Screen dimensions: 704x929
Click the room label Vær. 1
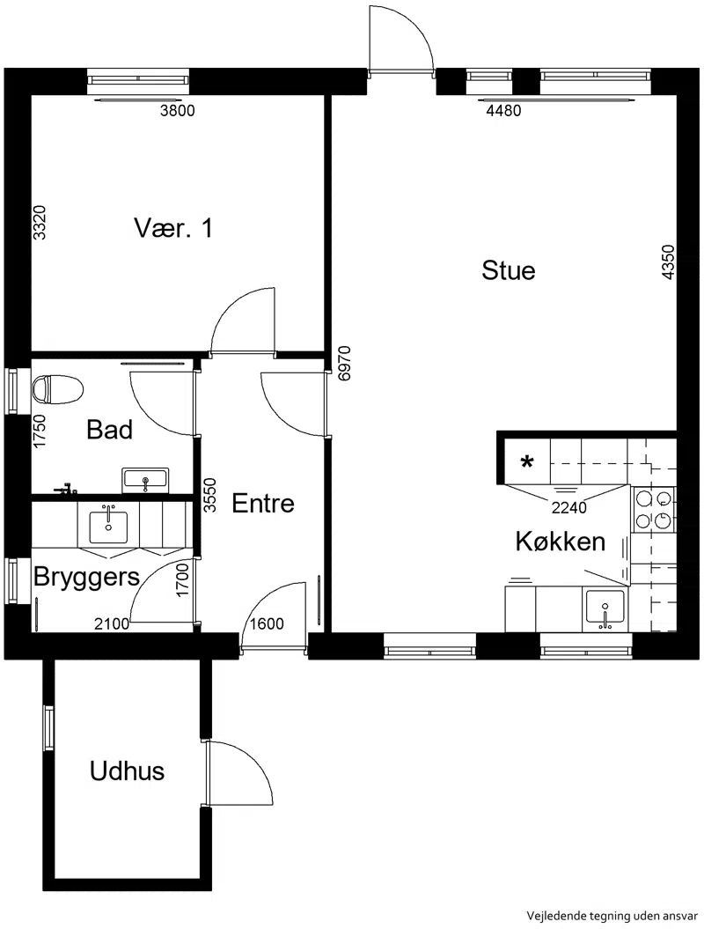(172, 228)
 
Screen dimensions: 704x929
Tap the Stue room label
(508, 270)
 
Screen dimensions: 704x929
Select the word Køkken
(561, 541)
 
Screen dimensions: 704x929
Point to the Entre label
(263, 503)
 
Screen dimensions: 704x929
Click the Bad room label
(109, 430)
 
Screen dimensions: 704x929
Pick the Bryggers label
(86, 577)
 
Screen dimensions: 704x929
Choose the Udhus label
(127, 770)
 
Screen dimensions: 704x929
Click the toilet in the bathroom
(57, 389)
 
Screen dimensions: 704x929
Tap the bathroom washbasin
(146, 481)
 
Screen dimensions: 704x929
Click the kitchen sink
(605, 609)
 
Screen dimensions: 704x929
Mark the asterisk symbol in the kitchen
(526, 461)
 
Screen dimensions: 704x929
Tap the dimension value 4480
(503, 111)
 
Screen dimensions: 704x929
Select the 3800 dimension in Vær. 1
(178, 111)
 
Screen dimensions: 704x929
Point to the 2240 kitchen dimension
(569, 508)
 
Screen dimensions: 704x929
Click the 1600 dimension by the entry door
(267, 623)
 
